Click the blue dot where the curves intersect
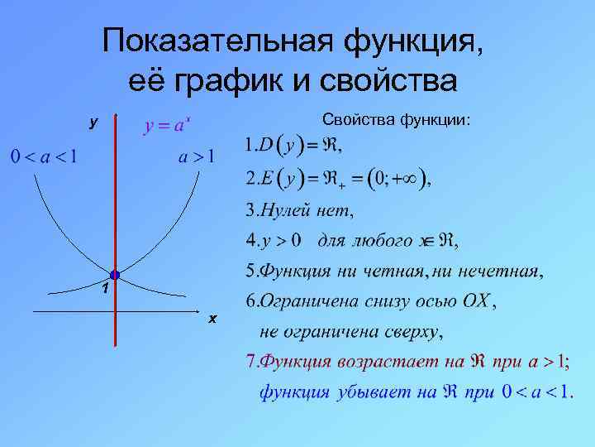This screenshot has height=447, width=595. click(x=115, y=274)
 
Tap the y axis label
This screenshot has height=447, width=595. click(x=93, y=122)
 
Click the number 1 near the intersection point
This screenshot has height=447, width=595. click(x=104, y=289)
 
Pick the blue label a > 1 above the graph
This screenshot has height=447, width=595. click(x=198, y=156)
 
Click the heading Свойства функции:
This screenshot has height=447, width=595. click(x=397, y=121)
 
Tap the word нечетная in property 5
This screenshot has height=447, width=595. click(x=499, y=272)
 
